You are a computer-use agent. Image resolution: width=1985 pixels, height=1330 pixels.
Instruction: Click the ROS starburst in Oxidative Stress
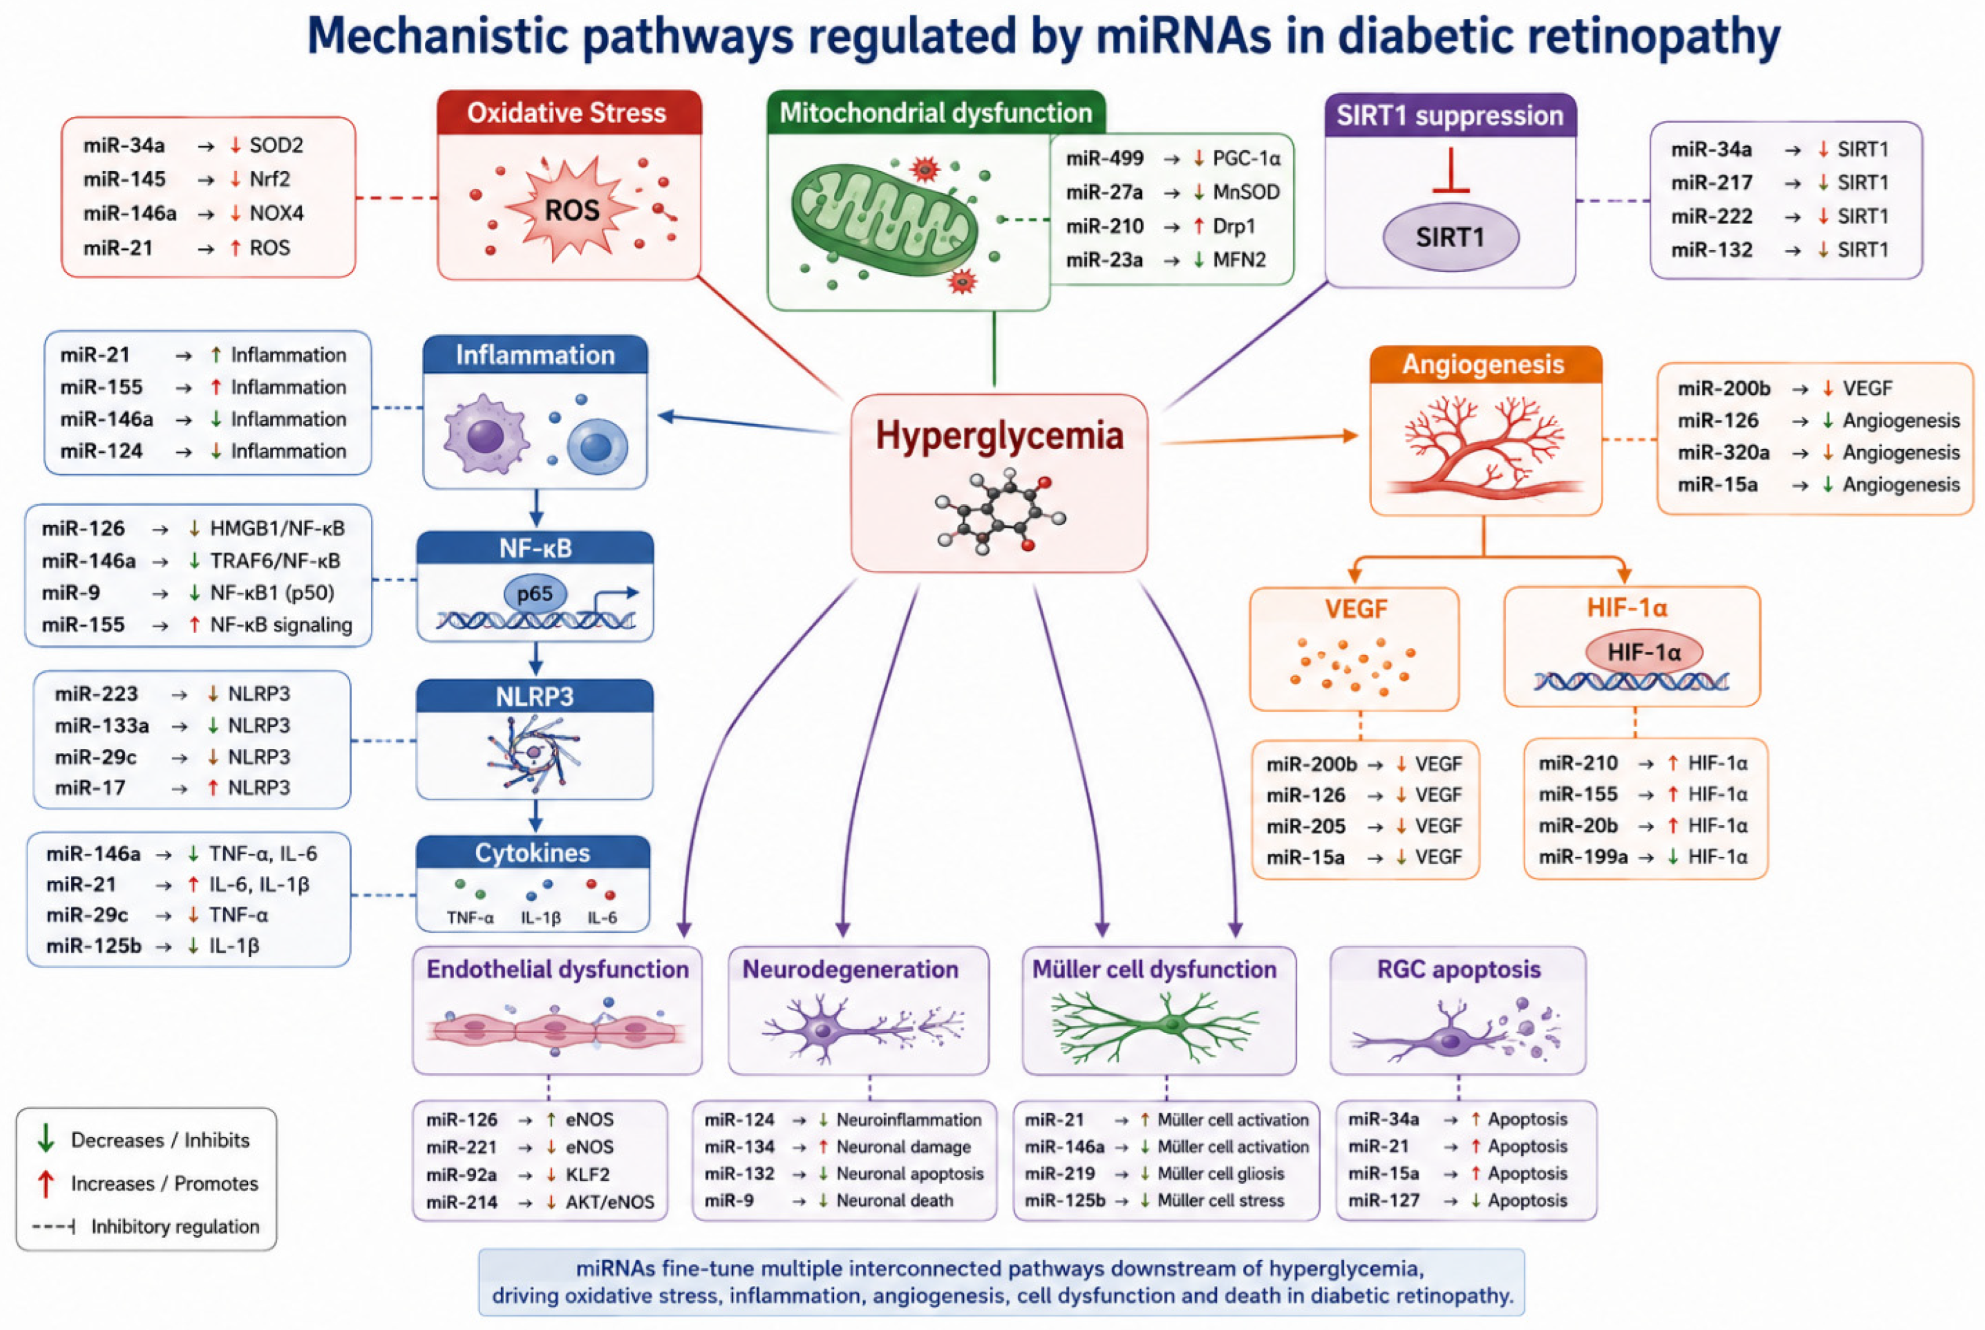click(x=571, y=208)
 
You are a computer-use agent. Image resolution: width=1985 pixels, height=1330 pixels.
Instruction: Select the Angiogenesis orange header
click(x=1484, y=365)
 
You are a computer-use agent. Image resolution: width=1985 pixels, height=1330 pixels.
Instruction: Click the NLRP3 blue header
click(x=534, y=696)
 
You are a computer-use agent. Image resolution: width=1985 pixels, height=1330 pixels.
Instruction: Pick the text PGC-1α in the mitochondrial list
click(x=1246, y=159)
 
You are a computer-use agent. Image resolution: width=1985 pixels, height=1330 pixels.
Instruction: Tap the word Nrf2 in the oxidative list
click(x=270, y=179)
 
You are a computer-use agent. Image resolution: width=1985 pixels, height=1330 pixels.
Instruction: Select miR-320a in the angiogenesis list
click(x=1723, y=452)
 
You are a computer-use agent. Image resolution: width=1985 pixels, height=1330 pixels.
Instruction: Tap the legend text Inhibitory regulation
click(x=175, y=1226)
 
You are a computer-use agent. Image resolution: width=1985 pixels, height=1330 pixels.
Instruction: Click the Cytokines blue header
click(x=533, y=852)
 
